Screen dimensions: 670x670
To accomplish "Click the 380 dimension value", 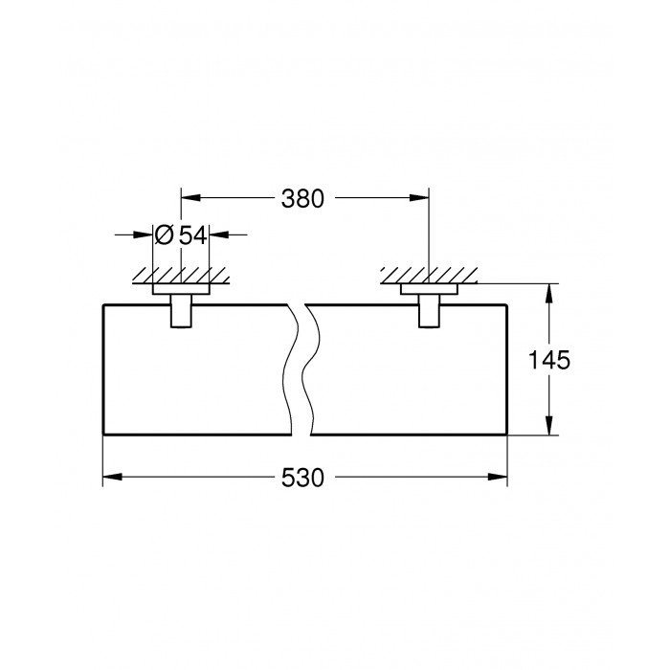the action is [302, 199].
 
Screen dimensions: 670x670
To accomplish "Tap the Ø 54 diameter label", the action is [181, 235].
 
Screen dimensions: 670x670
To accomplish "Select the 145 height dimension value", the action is [549, 360].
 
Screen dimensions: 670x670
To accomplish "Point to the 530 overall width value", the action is [302, 478].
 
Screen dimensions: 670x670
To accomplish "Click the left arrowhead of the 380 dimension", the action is [190, 198].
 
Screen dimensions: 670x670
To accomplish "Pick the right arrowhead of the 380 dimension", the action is [419, 198].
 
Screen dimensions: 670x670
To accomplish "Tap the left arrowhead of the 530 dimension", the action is [112, 477].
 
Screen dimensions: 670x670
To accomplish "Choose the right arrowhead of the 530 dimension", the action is [498, 477].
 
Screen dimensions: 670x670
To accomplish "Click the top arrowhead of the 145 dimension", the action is [550, 294].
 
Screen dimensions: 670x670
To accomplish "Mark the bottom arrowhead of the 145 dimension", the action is [550, 425].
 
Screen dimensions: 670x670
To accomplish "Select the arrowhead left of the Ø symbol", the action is [144, 234].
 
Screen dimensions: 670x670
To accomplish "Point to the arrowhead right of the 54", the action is [219, 234].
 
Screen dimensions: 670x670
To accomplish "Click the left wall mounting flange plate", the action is [181, 289].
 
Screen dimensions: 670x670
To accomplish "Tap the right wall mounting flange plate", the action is [429, 289].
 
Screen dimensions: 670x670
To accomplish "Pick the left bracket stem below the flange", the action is [181, 311].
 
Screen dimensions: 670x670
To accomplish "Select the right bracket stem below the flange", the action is [429, 311].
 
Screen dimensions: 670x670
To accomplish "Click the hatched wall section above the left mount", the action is [181, 276].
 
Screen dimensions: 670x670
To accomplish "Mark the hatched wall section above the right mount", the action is [429, 276].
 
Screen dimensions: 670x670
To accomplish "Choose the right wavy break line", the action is [311, 370].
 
